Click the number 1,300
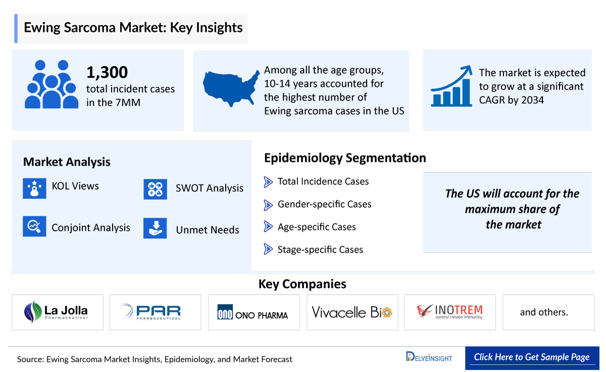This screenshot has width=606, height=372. [107, 73]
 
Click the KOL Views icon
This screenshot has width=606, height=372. [34, 188]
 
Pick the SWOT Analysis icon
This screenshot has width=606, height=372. [155, 189]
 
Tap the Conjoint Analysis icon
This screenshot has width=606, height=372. [34, 226]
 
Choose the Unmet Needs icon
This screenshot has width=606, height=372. [155, 228]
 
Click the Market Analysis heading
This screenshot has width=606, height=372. [67, 162]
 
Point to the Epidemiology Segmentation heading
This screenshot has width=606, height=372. [345, 158]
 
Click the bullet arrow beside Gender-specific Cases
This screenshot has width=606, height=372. [268, 204]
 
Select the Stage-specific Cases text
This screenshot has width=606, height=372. [320, 249]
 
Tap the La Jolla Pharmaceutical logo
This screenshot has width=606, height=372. [57, 312]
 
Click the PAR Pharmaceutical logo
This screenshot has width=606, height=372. [155, 312]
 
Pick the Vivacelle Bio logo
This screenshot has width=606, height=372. [352, 312]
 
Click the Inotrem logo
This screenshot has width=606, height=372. [450, 312]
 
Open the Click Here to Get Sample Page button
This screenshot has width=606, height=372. [531, 357]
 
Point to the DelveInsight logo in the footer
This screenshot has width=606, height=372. [429, 357]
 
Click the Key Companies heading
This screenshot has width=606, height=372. [302, 284]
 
